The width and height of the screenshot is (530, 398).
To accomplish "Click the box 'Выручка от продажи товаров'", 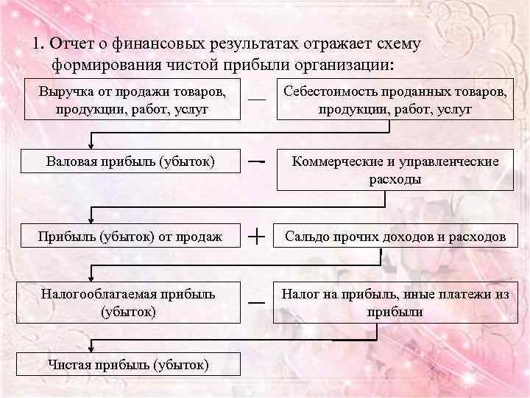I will pos(132,99).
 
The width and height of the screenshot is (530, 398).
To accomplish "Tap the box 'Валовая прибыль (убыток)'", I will pos(131,161).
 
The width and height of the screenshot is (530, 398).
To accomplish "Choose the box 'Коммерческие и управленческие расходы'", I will pos(395,170).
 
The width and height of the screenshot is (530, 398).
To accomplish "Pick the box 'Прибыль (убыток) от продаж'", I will pos(131,236).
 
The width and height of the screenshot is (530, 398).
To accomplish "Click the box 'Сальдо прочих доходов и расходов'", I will pos(395,236).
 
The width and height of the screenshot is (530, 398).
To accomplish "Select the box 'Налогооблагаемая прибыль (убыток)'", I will pos(131,302).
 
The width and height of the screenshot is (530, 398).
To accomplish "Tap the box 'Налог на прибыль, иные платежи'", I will pos(395,302).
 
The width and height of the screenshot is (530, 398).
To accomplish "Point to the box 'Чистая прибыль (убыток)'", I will pos(128,363).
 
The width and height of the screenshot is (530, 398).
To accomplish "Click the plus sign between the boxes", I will pos(257,236).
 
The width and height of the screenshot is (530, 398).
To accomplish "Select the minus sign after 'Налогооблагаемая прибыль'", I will pos(256,302).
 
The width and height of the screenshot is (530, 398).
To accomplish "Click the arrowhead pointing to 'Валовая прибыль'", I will pos(91,145).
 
